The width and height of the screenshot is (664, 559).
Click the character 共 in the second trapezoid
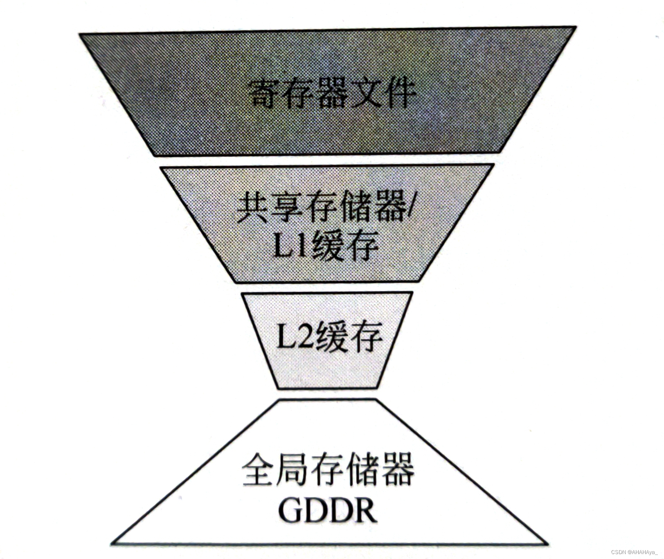[252, 207]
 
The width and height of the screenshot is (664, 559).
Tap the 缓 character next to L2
[332, 337]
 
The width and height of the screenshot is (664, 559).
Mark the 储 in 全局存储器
[362, 469]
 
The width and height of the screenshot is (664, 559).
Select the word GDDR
[328, 510]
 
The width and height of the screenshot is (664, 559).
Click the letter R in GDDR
[365, 510]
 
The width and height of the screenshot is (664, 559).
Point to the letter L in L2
[287, 337]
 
